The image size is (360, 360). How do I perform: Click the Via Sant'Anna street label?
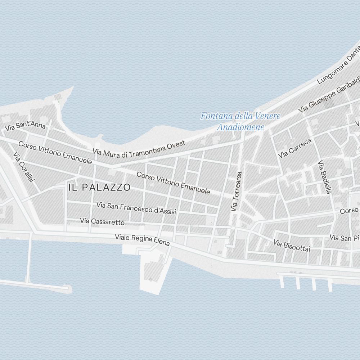tap(25, 126)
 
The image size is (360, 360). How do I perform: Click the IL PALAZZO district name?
tap(99, 187)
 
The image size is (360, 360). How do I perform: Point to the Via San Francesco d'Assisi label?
tap(136, 208)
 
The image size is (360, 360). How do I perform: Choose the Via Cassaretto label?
tap(102, 221)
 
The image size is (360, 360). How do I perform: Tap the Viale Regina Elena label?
tap(142, 240)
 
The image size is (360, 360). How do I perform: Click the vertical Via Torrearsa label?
tap(236, 191)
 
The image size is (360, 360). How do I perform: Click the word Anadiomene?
tap(240, 127)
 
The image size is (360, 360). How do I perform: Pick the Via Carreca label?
tap(294, 148)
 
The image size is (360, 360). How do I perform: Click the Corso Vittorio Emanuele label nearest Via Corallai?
tap(55, 153)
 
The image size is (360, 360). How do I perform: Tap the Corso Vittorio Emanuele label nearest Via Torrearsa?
tap(173, 183)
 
